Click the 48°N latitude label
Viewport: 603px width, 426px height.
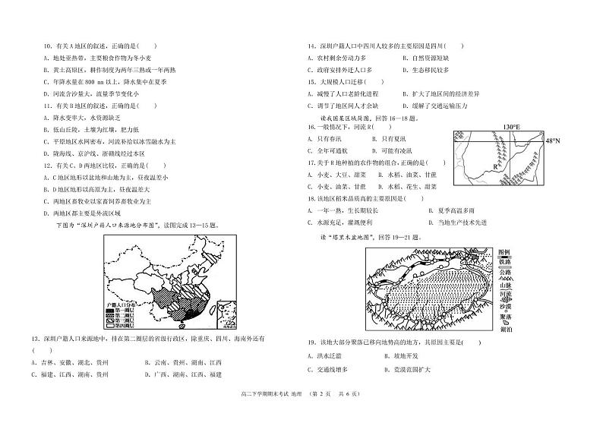(x=552, y=141)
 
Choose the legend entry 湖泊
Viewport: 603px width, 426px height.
(x=506, y=330)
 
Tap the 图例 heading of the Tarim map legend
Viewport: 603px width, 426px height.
(x=506, y=252)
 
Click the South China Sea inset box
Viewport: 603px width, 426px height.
(x=226, y=314)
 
